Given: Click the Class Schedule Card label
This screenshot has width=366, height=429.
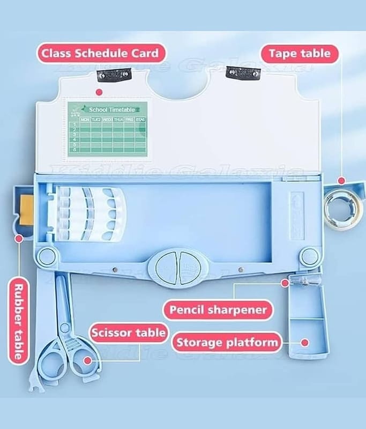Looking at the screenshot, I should pyautogui.click(x=101, y=54).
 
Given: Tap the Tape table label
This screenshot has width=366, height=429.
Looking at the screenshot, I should pyautogui.click(x=300, y=54).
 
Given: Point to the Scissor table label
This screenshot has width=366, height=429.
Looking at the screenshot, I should pyautogui.click(x=128, y=333).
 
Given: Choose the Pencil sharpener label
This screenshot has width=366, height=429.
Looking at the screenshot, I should pyautogui.click(x=218, y=310).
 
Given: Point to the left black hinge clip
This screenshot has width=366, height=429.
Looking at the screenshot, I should pyautogui.click(x=114, y=74).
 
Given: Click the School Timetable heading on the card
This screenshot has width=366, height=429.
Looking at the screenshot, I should pyautogui.click(x=111, y=109).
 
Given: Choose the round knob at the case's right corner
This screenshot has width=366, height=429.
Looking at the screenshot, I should pyautogui.click(x=309, y=256).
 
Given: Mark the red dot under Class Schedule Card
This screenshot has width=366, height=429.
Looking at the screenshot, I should pyautogui.click(x=98, y=92).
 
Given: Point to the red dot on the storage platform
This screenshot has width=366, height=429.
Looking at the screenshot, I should pyautogui.click(x=304, y=342).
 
